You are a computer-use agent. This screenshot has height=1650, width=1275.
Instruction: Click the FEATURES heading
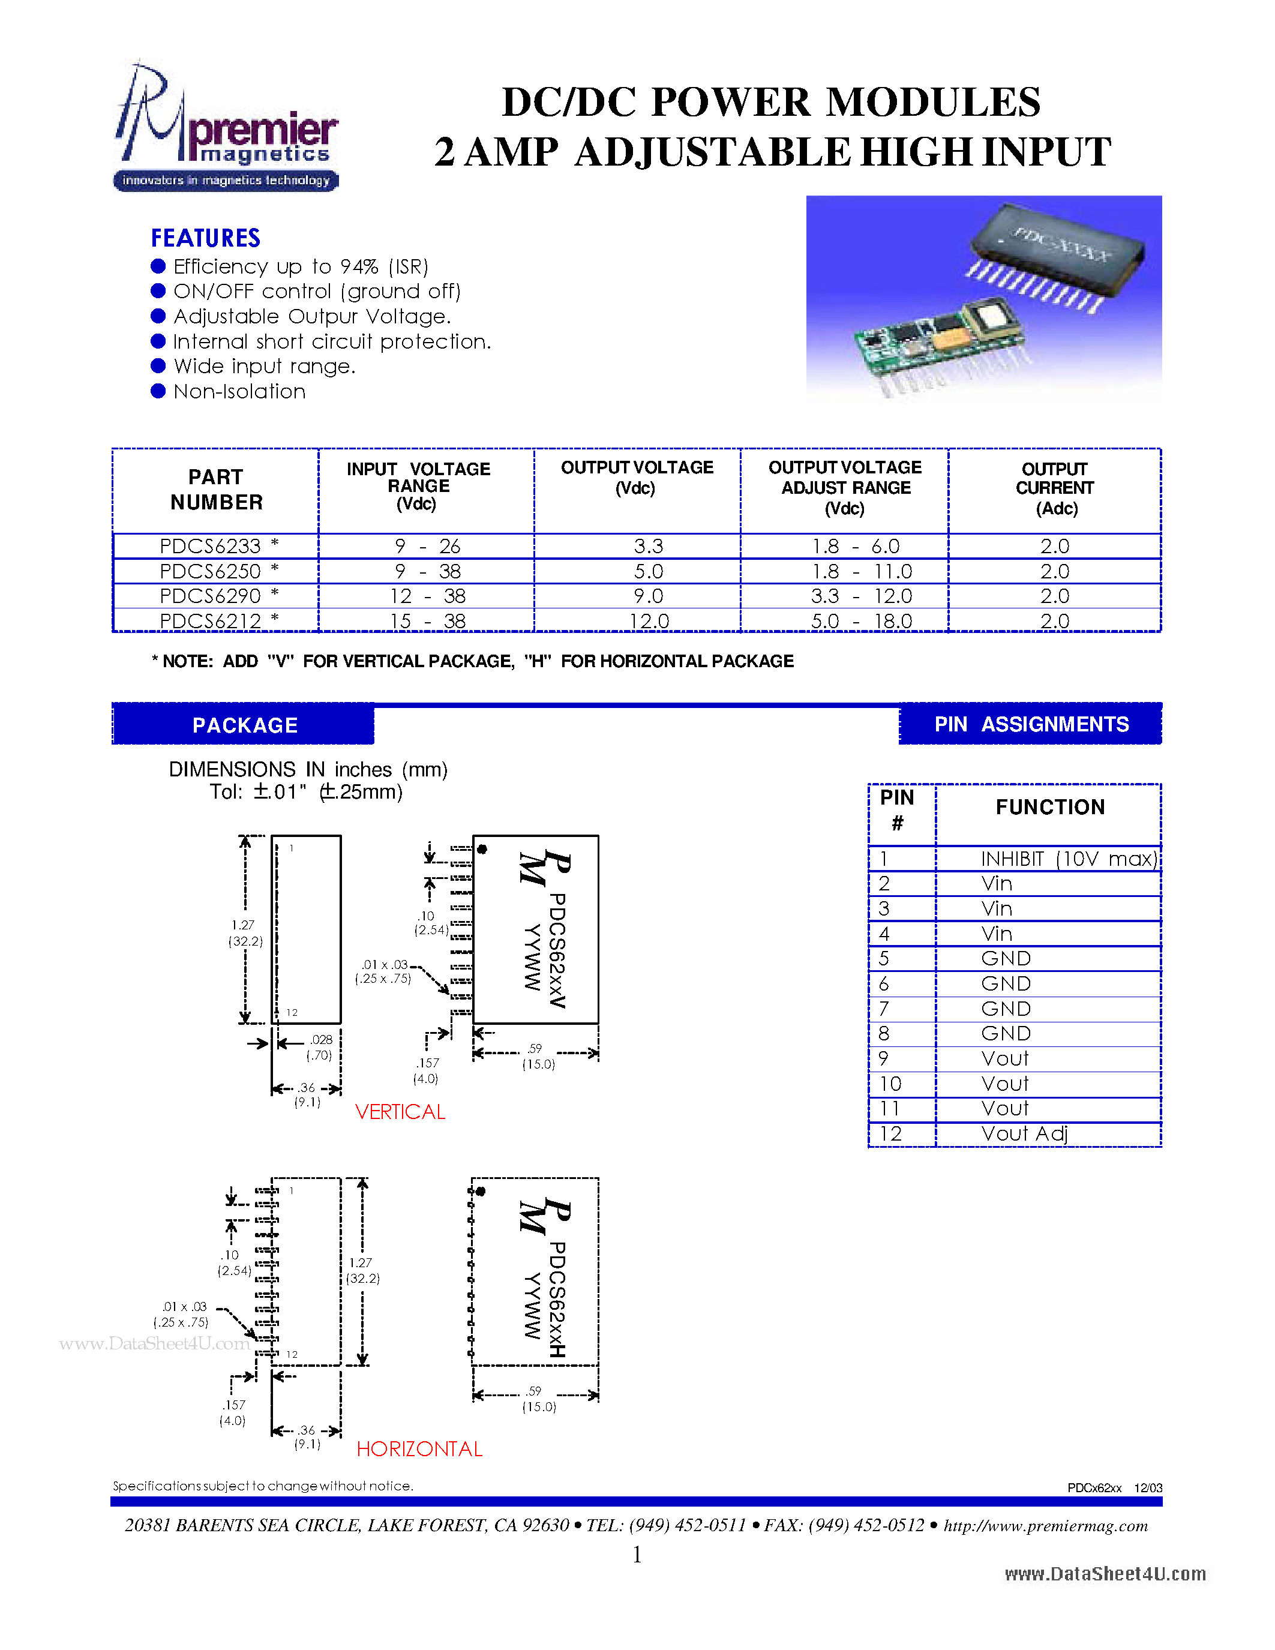pyautogui.click(x=205, y=238)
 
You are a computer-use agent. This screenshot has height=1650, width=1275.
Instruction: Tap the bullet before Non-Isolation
pyautogui.click(x=158, y=391)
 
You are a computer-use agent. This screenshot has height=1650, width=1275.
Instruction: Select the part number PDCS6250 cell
pyautogui.click(x=210, y=571)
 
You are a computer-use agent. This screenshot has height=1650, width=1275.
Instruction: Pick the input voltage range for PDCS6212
pyautogui.click(x=427, y=621)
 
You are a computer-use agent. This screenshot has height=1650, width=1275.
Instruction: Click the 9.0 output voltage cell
pyautogui.click(x=648, y=596)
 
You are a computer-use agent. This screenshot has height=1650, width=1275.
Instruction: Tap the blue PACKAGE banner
pyautogui.click(x=244, y=725)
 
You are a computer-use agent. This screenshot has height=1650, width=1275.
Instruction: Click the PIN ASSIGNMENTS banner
pyautogui.click(x=1030, y=724)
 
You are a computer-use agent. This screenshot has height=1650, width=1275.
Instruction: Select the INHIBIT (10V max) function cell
pyautogui.click(x=1068, y=859)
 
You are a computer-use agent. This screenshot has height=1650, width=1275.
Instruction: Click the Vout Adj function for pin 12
pyautogui.click(x=1024, y=1133)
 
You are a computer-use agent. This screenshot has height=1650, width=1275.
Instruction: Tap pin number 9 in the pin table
pyautogui.click(x=884, y=1058)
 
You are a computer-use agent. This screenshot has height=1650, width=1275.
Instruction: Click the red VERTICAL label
pyautogui.click(x=400, y=1112)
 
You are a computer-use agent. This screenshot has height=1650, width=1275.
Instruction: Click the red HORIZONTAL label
pyautogui.click(x=419, y=1449)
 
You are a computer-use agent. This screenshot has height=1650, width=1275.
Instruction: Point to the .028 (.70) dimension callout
pyautogui.click(x=320, y=1047)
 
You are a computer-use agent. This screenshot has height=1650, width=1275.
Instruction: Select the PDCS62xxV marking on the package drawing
pyautogui.click(x=557, y=950)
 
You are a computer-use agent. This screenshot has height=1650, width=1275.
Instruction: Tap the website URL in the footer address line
pyautogui.click(x=1045, y=1525)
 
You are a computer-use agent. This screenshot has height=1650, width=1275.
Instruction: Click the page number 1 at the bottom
pyautogui.click(x=637, y=1555)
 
